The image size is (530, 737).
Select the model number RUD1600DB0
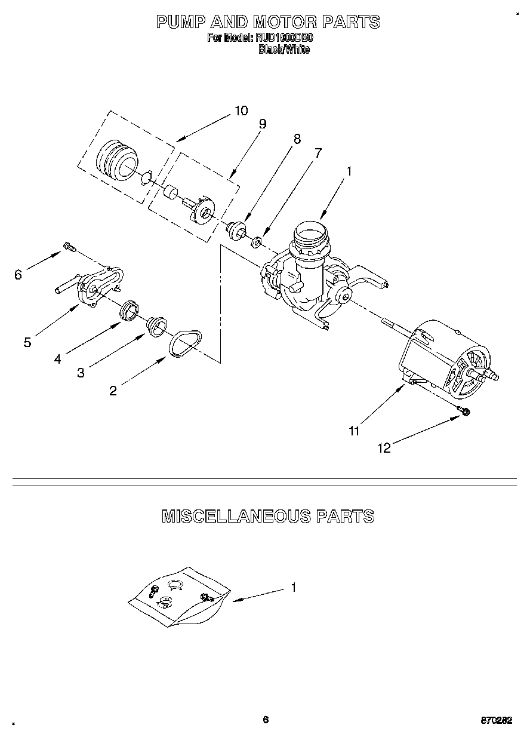[x=285, y=38]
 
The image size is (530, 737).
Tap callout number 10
[x=241, y=110]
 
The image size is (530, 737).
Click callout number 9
[x=262, y=124]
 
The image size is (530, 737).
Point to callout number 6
[x=18, y=274]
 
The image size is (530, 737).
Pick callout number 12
[x=385, y=448]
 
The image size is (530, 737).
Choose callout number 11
[x=355, y=431]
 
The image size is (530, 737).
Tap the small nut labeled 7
[x=255, y=242]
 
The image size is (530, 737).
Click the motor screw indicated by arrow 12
[x=464, y=410]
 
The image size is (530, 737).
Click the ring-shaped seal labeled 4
[x=129, y=311]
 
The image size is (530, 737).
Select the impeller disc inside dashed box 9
[x=205, y=211]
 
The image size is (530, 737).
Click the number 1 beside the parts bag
[x=294, y=588]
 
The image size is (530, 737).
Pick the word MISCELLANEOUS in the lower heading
[x=236, y=516]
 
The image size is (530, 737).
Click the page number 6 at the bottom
[x=266, y=719]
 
